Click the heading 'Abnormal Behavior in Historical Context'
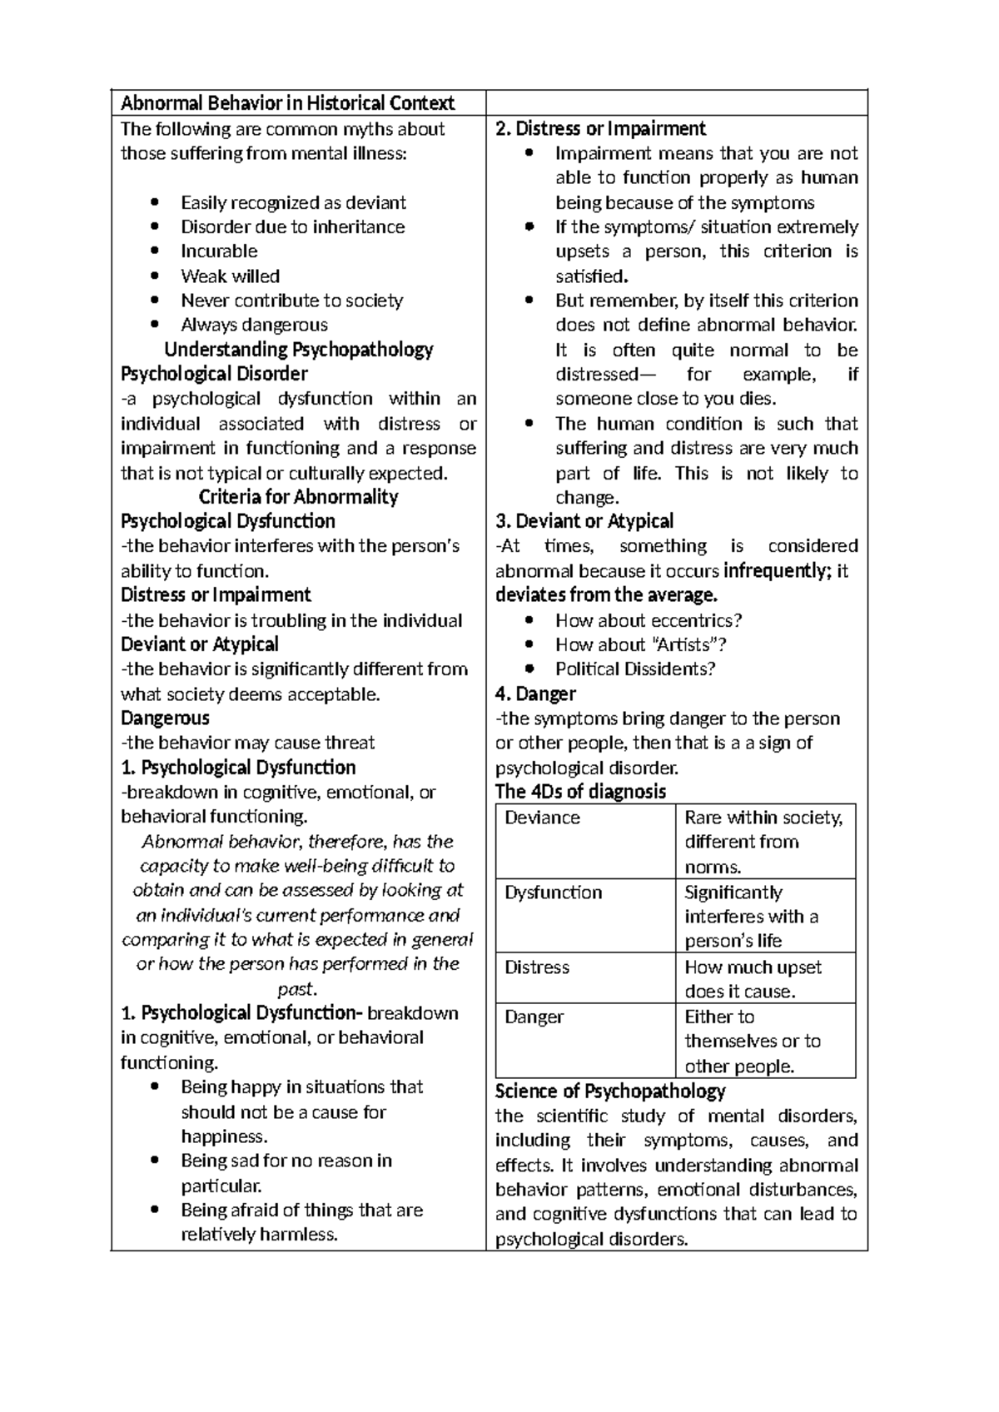(287, 103)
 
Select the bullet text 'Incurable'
(219, 251)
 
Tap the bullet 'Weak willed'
(230, 276)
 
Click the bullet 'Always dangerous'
(254, 325)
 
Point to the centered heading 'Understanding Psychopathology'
(298, 349)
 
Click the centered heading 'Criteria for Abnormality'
(298, 497)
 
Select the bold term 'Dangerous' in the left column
(165, 718)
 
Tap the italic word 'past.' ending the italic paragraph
(297, 989)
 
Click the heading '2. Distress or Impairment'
(600, 128)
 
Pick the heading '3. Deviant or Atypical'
(584, 521)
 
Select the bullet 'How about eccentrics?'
(649, 620)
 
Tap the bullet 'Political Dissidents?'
(635, 669)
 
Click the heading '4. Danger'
(535, 694)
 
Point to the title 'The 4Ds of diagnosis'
(580, 792)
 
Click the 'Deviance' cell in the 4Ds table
(542, 818)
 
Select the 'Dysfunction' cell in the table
(553, 892)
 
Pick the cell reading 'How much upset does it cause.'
(753, 978)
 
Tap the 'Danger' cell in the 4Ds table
(534, 1017)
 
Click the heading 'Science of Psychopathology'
(609, 1091)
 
